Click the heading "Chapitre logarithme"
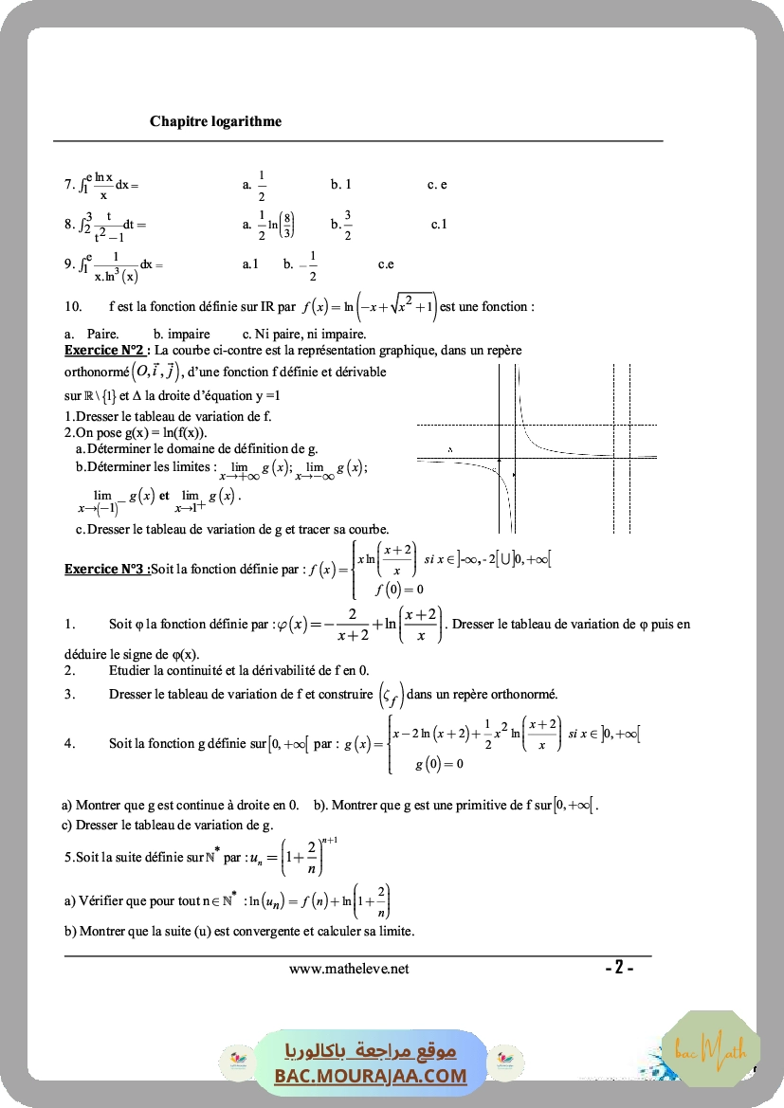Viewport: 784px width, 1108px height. coord(215,121)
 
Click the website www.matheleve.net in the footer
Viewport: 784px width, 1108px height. coord(349,969)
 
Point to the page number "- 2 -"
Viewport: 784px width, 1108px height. coord(619,968)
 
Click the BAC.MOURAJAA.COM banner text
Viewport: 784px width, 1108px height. coord(371,1076)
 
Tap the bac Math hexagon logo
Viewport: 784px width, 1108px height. coord(711,1049)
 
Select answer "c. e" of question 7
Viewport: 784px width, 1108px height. coord(437,185)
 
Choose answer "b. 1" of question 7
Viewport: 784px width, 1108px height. coord(340,185)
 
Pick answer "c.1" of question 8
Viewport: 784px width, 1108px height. coord(439,225)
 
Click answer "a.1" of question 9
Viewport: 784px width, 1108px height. coord(250,264)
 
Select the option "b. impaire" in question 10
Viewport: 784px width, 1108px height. coord(182,334)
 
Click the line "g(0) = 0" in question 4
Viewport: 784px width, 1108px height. coord(439,764)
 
